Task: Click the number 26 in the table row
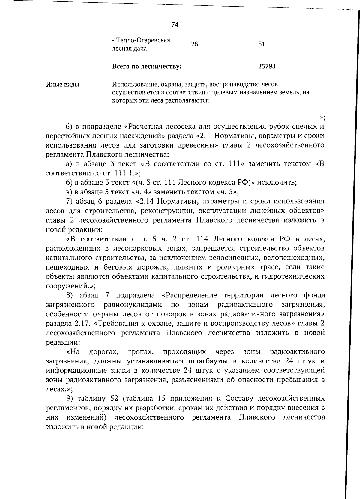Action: (194, 44)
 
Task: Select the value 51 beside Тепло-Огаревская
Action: (262, 44)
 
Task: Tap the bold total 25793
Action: (267, 66)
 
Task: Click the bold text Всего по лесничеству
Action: (147, 67)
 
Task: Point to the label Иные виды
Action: (63, 85)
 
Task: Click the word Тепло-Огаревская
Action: (141, 40)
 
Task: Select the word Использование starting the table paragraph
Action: (132, 85)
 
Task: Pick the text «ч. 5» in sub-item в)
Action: (226, 192)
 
